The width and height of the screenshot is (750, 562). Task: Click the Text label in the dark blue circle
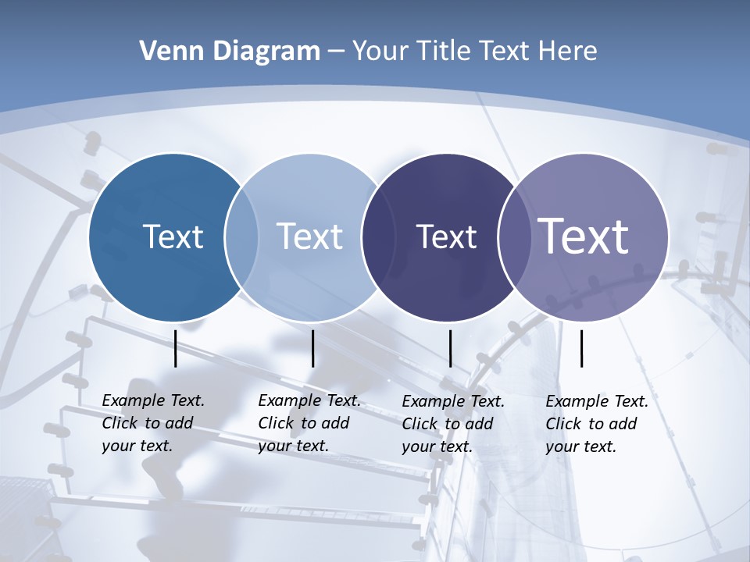(x=173, y=237)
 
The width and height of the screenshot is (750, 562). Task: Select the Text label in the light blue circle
(x=309, y=237)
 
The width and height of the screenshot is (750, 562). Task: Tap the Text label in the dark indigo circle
(x=446, y=237)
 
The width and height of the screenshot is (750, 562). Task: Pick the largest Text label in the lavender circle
(x=584, y=237)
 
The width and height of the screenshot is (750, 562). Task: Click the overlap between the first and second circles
(x=241, y=237)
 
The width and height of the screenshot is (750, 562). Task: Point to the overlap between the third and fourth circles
(x=512, y=237)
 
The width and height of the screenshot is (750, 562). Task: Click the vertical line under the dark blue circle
(x=176, y=348)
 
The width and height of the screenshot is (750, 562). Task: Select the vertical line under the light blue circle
(x=312, y=348)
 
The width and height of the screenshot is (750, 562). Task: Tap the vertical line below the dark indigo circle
(x=450, y=348)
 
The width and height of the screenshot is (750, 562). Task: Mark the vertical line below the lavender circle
(x=581, y=348)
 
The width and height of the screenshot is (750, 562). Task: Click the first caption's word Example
(x=131, y=400)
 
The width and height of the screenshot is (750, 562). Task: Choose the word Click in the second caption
(x=276, y=423)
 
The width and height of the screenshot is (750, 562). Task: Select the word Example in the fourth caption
(x=575, y=401)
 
